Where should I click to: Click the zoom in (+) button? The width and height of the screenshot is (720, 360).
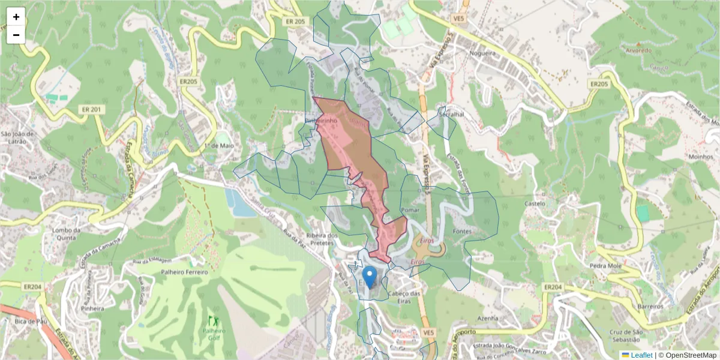[16, 17]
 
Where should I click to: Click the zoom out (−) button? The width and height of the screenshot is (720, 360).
[16, 35]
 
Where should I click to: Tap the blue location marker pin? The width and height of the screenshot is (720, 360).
[371, 277]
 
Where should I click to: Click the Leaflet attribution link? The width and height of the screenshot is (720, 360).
[641, 355]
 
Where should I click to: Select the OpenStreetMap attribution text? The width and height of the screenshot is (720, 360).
[688, 355]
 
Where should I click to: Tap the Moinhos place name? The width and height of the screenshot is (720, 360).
[700, 157]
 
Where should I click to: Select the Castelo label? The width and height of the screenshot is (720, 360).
[535, 203]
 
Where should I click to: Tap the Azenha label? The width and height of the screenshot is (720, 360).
[488, 317]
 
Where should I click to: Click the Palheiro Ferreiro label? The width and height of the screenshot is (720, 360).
[184, 272]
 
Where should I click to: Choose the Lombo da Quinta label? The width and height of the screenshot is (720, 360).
[66, 233]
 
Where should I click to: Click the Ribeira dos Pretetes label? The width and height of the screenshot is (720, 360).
[323, 239]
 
